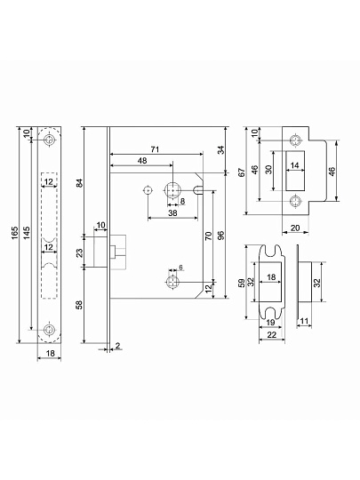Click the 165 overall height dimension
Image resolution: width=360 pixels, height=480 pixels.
[15, 234]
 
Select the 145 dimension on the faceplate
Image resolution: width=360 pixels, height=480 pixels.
[27, 234]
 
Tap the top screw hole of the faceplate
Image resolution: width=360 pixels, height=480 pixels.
[49, 140]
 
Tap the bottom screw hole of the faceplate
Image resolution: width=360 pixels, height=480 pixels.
[49, 330]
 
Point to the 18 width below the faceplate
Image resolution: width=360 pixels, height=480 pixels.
[50, 353]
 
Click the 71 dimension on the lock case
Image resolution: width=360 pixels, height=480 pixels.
[156, 149]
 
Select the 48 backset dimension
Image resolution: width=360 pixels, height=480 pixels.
[142, 161]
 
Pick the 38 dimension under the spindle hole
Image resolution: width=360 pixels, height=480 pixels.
[173, 213]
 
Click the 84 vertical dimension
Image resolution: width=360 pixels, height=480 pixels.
[79, 182]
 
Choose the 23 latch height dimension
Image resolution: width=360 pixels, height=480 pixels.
[79, 252]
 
